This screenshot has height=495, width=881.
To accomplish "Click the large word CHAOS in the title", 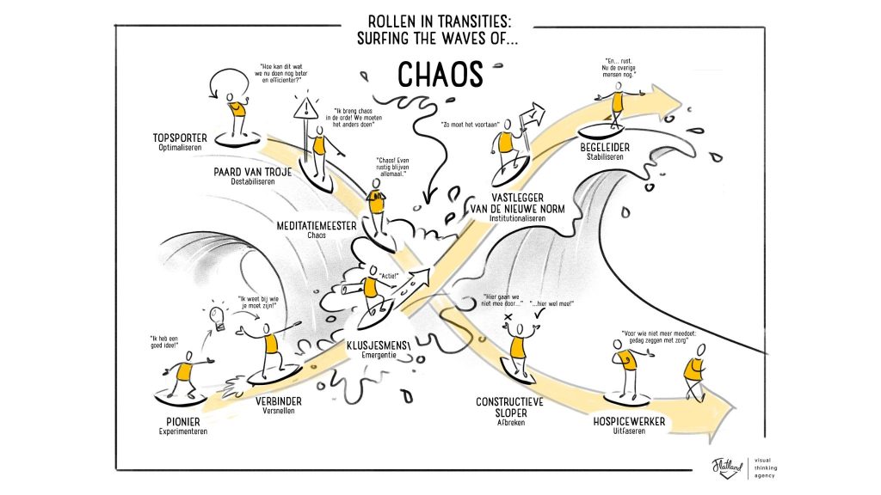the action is point(440,75).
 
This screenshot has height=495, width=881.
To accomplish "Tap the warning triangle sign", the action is point(305,107).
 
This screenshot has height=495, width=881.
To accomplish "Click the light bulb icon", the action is point(217,316).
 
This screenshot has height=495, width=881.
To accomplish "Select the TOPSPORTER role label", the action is point(180,138).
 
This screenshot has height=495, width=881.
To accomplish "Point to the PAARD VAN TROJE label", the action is point(253,172).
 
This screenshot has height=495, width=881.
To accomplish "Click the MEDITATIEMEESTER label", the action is point(317,226).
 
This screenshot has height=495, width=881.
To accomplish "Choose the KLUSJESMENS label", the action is point(379,345).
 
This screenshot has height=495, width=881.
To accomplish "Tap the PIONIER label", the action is point(183,421).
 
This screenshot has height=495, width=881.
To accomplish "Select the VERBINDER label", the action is point(279,401).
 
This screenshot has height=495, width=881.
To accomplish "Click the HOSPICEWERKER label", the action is point(629,421).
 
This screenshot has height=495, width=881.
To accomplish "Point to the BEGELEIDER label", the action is point(605,148).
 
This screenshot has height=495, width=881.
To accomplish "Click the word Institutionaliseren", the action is point(517,218).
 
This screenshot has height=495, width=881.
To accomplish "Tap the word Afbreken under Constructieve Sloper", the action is point(511,423).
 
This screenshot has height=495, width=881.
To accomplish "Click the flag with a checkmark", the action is point(532,116).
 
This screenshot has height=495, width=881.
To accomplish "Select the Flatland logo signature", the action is point(728,467).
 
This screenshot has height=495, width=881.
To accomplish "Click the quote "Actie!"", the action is point(388,276).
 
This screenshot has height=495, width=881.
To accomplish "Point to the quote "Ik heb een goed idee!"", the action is point(163,342).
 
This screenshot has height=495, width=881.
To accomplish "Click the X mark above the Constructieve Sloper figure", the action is point(508,317).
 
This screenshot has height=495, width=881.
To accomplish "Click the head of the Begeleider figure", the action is point(619,87).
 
